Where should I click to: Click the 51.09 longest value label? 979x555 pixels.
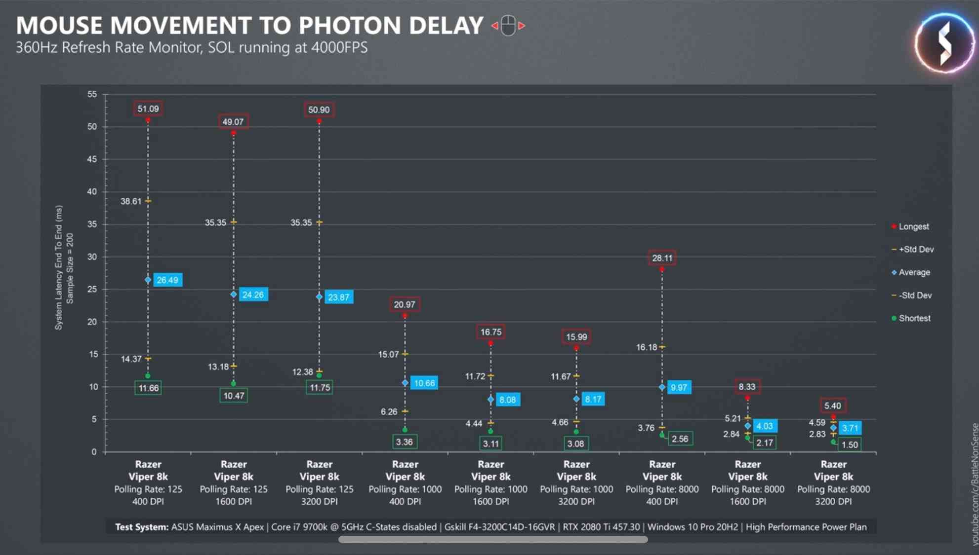(x=148, y=109)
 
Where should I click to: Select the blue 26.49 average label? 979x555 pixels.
(x=167, y=280)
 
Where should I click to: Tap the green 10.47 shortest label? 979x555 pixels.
(x=234, y=396)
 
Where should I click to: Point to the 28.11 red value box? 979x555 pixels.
(x=662, y=258)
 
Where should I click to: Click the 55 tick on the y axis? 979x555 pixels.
(x=92, y=94)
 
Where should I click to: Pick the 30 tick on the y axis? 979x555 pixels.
(x=92, y=257)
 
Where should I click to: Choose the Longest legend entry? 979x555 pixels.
(x=913, y=226)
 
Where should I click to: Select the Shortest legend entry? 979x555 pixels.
(x=914, y=318)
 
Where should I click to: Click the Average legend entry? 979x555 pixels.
(x=914, y=272)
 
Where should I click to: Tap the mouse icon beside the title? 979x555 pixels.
(x=508, y=26)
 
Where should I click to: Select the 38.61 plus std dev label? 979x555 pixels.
(x=131, y=201)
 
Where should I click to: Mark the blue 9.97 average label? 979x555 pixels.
(x=679, y=388)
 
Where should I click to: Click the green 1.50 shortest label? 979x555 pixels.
(x=850, y=444)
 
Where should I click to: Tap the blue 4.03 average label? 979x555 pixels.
(x=764, y=426)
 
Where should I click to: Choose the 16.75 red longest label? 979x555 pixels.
(x=490, y=332)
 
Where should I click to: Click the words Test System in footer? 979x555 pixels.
(x=141, y=527)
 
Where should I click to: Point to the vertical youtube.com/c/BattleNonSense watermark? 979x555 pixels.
(x=974, y=483)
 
